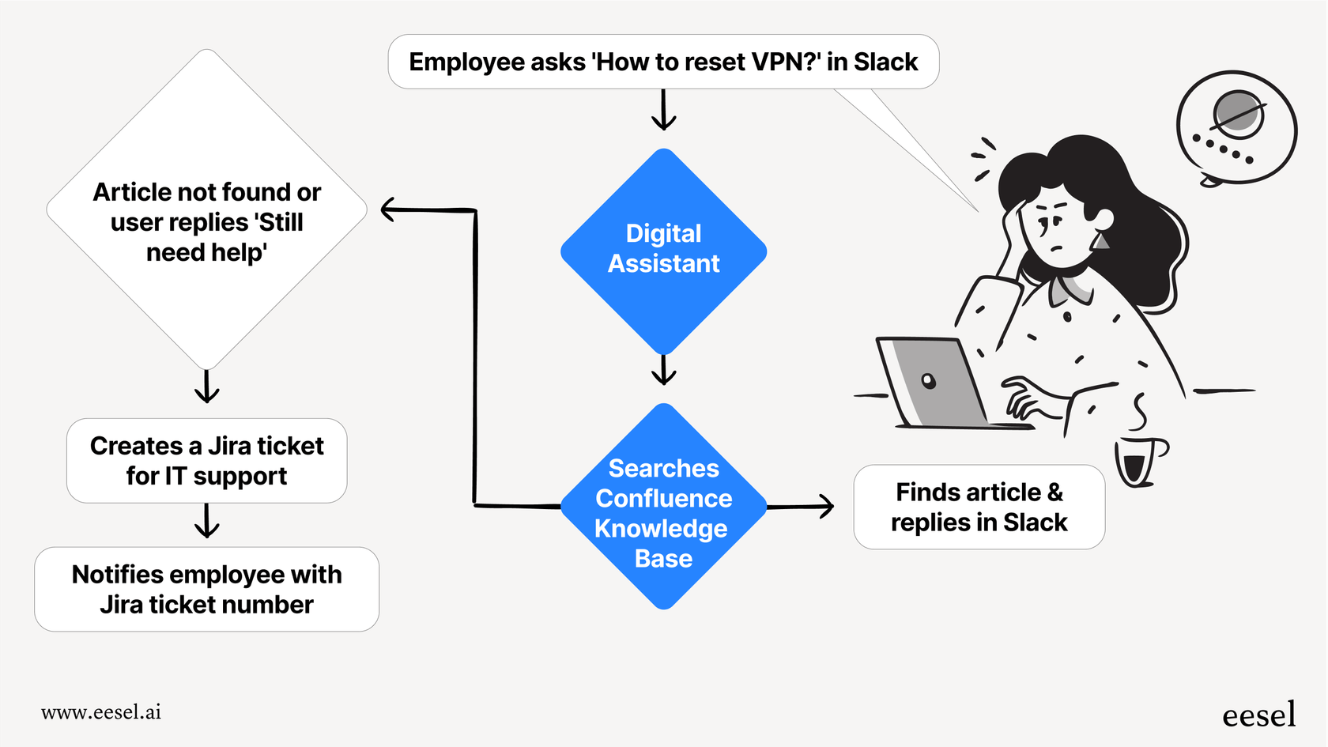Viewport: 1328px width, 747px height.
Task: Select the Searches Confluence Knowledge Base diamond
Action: coord(663,510)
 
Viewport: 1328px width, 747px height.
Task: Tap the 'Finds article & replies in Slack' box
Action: coord(979,507)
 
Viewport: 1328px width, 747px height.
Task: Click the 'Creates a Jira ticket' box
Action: coord(206,461)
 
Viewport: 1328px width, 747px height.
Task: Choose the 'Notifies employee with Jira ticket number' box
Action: coord(206,589)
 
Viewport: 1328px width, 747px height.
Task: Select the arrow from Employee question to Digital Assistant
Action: coord(663,111)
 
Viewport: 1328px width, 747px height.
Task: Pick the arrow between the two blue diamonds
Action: coord(663,369)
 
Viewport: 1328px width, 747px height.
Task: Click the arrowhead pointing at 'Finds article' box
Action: coord(826,507)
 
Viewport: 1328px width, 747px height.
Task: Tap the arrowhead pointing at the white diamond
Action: coord(388,209)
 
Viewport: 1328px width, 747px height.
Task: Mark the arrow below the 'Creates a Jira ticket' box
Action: coord(206,522)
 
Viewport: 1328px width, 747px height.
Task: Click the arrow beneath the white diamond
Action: coord(206,387)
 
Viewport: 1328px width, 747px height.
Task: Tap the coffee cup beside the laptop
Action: coord(1137,462)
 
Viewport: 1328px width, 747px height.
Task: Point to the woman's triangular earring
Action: coord(1100,240)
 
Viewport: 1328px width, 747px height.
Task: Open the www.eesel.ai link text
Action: coord(101,712)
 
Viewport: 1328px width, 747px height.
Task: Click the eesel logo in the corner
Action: coord(1258,715)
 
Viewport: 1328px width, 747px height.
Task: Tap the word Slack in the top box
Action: coord(885,62)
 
